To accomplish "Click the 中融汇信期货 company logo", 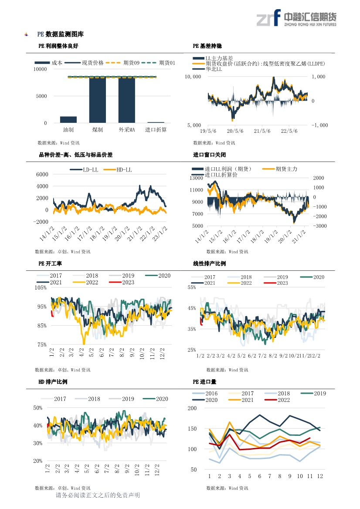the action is (296, 18).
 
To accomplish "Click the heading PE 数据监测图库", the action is (61, 34).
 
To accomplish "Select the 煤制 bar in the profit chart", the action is (98, 100).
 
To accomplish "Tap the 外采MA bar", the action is (127, 100).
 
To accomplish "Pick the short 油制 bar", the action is (68, 119).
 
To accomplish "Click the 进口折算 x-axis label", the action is (156, 130).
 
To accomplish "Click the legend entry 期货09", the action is (123, 63).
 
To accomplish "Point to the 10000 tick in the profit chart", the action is (40, 69).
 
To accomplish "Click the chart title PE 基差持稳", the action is (207, 46).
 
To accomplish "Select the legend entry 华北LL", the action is (207, 69).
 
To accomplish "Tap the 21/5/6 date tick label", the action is (262, 131).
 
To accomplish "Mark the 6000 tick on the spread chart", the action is (42, 174).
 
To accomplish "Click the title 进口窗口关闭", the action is (209, 155).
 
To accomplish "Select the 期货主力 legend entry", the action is (280, 169).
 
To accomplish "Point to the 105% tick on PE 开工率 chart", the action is (41, 288).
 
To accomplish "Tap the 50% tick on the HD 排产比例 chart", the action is (37, 408).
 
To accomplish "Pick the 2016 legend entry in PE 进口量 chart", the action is (205, 394).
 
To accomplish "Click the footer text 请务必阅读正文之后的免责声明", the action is (98, 495).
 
